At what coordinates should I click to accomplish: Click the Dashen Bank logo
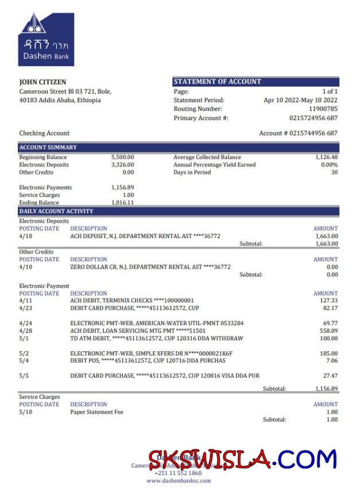point(46,39)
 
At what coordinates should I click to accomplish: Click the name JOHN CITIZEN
point(42,82)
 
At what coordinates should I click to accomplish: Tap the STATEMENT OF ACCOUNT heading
point(217,81)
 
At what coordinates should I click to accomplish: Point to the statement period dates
point(300,100)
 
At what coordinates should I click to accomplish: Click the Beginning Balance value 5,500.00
point(123,157)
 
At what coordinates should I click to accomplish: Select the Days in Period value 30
point(334,172)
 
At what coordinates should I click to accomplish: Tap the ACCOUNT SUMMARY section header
point(48,147)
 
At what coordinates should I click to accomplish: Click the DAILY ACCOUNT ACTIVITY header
point(56,211)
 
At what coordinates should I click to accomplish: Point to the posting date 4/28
point(26,330)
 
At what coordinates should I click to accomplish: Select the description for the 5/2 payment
point(151,353)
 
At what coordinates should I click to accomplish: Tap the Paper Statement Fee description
point(96,412)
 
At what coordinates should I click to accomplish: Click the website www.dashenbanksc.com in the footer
point(178,481)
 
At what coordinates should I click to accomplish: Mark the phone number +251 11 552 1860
point(178,473)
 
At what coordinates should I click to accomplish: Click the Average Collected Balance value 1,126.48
point(326,157)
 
